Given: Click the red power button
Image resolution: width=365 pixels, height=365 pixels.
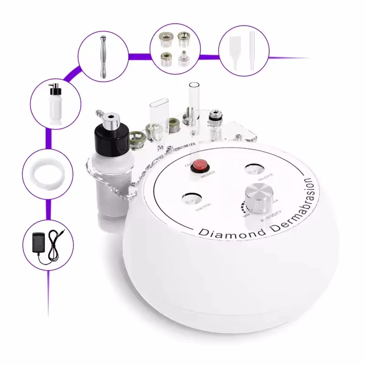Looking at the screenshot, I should [x=199, y=165].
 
